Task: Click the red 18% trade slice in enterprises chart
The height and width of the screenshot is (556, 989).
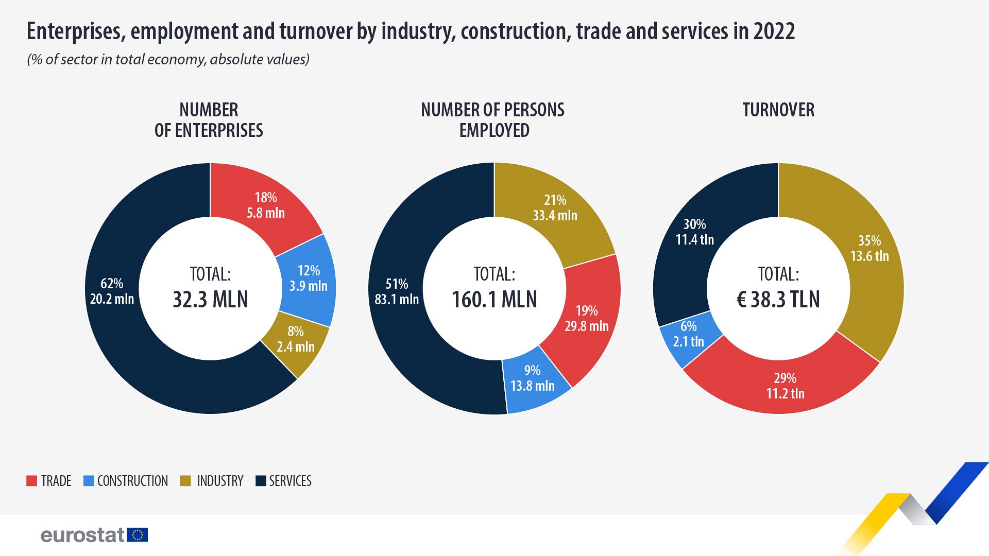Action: coord(265,205)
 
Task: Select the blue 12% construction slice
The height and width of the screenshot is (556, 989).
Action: coord(308,279)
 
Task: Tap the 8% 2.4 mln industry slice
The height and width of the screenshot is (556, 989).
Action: coord(296,339)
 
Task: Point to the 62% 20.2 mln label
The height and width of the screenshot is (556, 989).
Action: coord(112,291)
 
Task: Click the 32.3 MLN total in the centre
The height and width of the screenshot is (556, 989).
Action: coord(210,299)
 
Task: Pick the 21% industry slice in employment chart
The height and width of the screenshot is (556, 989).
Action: coord(555,208)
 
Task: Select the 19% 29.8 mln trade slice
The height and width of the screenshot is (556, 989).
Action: coord(587,319)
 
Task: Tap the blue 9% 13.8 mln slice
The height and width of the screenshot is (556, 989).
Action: coord(532,378)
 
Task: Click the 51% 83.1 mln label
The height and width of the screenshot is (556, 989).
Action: coord(397,292)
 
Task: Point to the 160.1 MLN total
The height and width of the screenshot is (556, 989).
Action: coord(494,299)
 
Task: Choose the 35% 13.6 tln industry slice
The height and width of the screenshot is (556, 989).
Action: coord(869,249)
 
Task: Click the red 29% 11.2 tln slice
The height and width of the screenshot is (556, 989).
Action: coord(785,386)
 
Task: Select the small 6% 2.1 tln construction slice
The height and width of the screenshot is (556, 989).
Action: coord(688,334)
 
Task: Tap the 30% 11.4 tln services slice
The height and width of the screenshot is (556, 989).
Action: coord(694,232)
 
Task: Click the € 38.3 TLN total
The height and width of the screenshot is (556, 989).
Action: coord(778,299)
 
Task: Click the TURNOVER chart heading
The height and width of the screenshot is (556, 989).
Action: coord(778,110)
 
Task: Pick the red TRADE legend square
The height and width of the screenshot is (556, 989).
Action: coord(32,481)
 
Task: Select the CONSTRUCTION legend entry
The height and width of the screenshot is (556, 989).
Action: coord(132,481)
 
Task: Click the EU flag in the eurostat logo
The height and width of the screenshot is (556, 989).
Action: coord(138,535)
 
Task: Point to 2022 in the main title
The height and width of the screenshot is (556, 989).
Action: coord(774,31)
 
